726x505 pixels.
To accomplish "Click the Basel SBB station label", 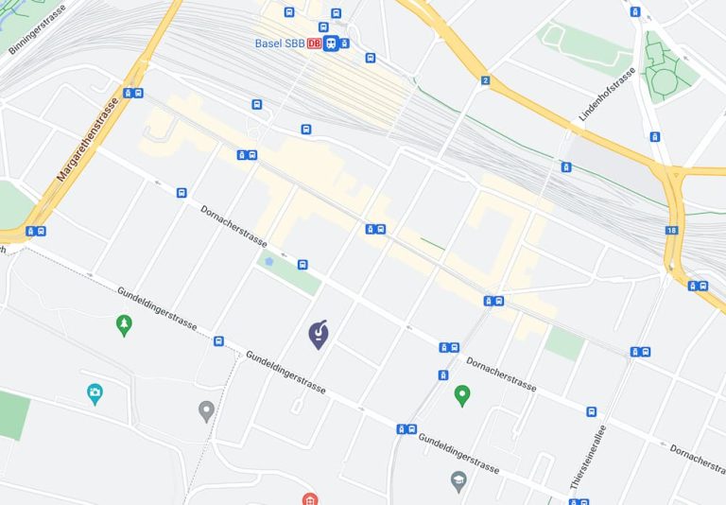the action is (280, 44).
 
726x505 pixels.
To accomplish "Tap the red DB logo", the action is (314, 44).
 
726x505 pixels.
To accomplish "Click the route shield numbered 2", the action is (485, 81).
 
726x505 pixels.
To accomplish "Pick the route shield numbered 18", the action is (671, 230).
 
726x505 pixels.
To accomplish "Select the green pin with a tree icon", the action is (124, 325).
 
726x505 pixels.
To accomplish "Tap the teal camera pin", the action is (95, 393).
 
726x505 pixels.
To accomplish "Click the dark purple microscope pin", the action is (319, 333).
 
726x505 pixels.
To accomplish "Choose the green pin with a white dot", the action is (462, 394).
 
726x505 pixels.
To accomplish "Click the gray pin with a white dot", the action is (206, 410).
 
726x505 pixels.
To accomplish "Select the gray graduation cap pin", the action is (459, 480).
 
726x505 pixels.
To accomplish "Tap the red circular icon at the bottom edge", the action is (309, 498).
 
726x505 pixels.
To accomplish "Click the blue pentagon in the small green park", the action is (269, 260).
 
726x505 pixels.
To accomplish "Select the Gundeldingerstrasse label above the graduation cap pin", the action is (458, 453).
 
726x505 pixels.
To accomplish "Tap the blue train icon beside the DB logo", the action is (331, 44).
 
